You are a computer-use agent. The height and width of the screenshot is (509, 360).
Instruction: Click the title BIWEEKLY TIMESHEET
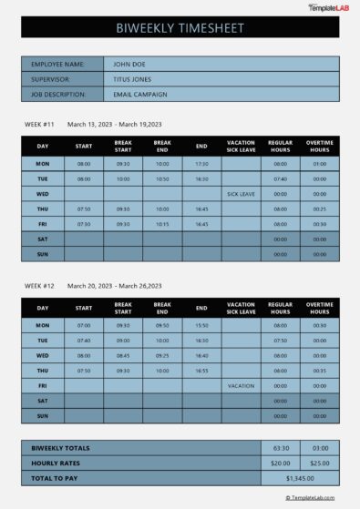(180, 28)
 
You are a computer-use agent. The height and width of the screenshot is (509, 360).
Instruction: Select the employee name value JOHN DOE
(124, 65)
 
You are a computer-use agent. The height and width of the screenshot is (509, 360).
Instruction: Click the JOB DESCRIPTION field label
(58, 94)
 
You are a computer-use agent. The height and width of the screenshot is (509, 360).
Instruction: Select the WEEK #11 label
(39, 123)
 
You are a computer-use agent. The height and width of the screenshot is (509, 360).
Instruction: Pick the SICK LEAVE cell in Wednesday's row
(241, 194)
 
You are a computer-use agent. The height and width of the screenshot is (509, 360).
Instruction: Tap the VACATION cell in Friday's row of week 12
(241, 385)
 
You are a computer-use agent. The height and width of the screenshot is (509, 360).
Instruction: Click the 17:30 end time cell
(201, 164)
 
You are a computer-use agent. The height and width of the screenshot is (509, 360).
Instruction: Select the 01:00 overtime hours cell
(319, 164)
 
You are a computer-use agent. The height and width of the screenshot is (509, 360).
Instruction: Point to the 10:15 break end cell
(162, 223)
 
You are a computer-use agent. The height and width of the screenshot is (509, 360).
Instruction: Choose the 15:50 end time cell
(201, 325)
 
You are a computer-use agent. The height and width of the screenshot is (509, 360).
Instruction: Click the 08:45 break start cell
(123, 355)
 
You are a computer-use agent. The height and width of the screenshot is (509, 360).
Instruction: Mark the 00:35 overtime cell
(319, 371)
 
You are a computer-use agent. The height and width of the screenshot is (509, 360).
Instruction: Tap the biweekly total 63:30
(281, 448)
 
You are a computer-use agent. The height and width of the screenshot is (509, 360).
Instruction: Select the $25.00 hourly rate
(319, 463)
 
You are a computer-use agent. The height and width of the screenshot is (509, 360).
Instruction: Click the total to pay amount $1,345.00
(300, 477)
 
